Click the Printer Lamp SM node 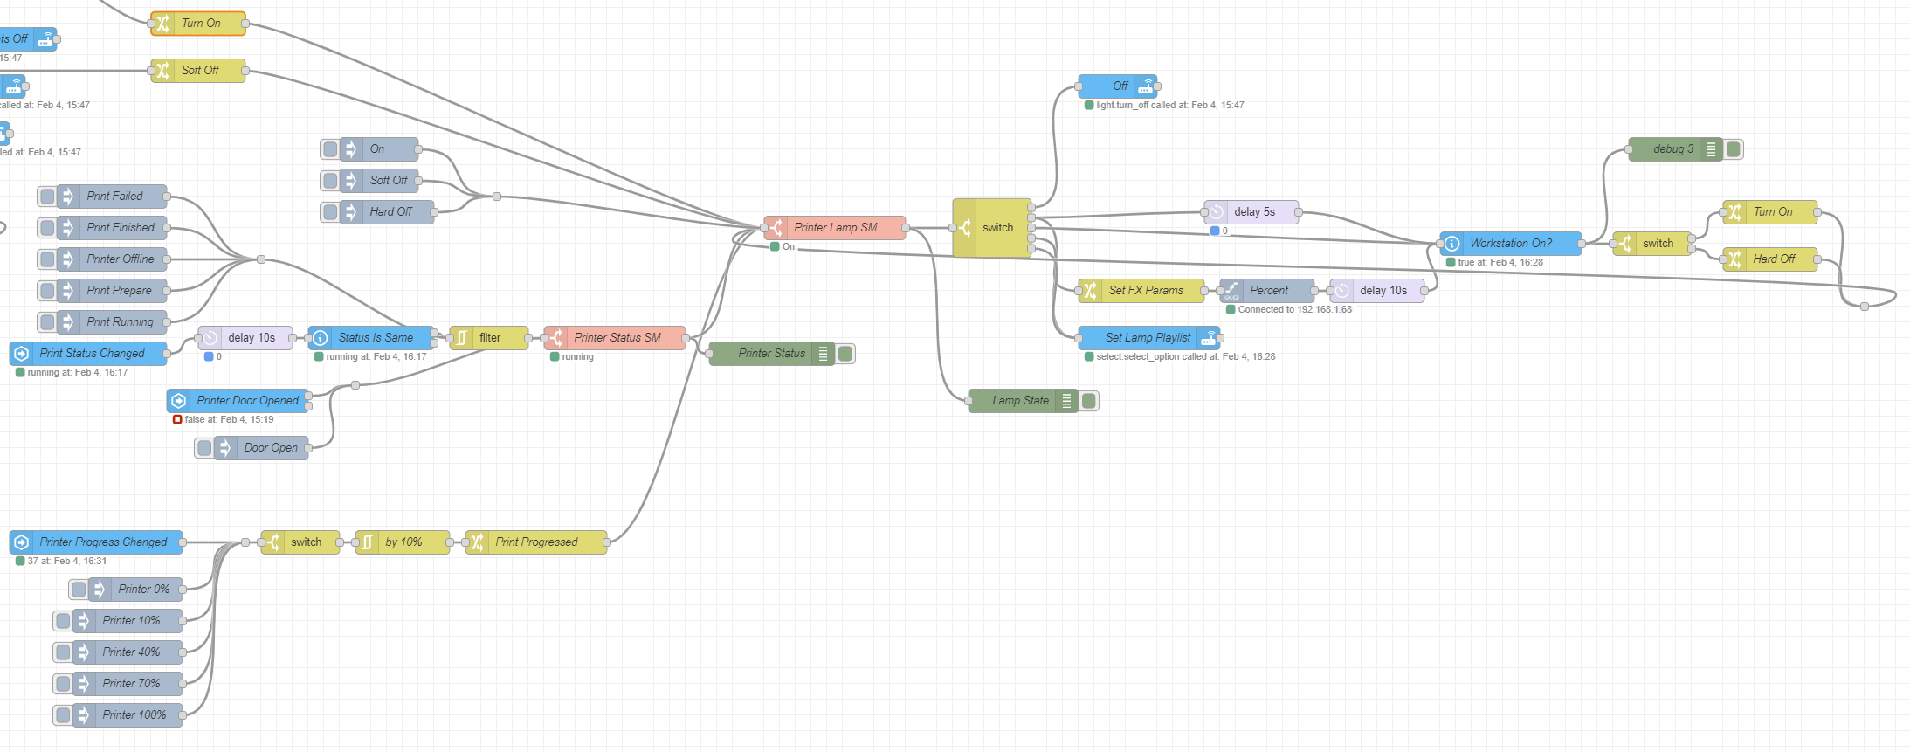pos(835,228)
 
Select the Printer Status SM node pos(617,338)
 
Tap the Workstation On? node pos(1510,244)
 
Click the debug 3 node pos(1672,149)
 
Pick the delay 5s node pos(1254,212)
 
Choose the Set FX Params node pos(1145,291)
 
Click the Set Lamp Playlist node pos(1148,338)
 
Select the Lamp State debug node pos(1020,401)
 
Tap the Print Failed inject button pos(48,197)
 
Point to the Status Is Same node pos(375,338)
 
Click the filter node pos(489,338)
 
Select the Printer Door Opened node pos(246,401)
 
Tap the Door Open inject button pos(205,448)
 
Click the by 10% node pos(403,542)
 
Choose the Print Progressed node pos(536,542)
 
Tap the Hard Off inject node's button pos(330,212)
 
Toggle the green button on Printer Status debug pos(845,354)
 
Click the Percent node pos(1268,291)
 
